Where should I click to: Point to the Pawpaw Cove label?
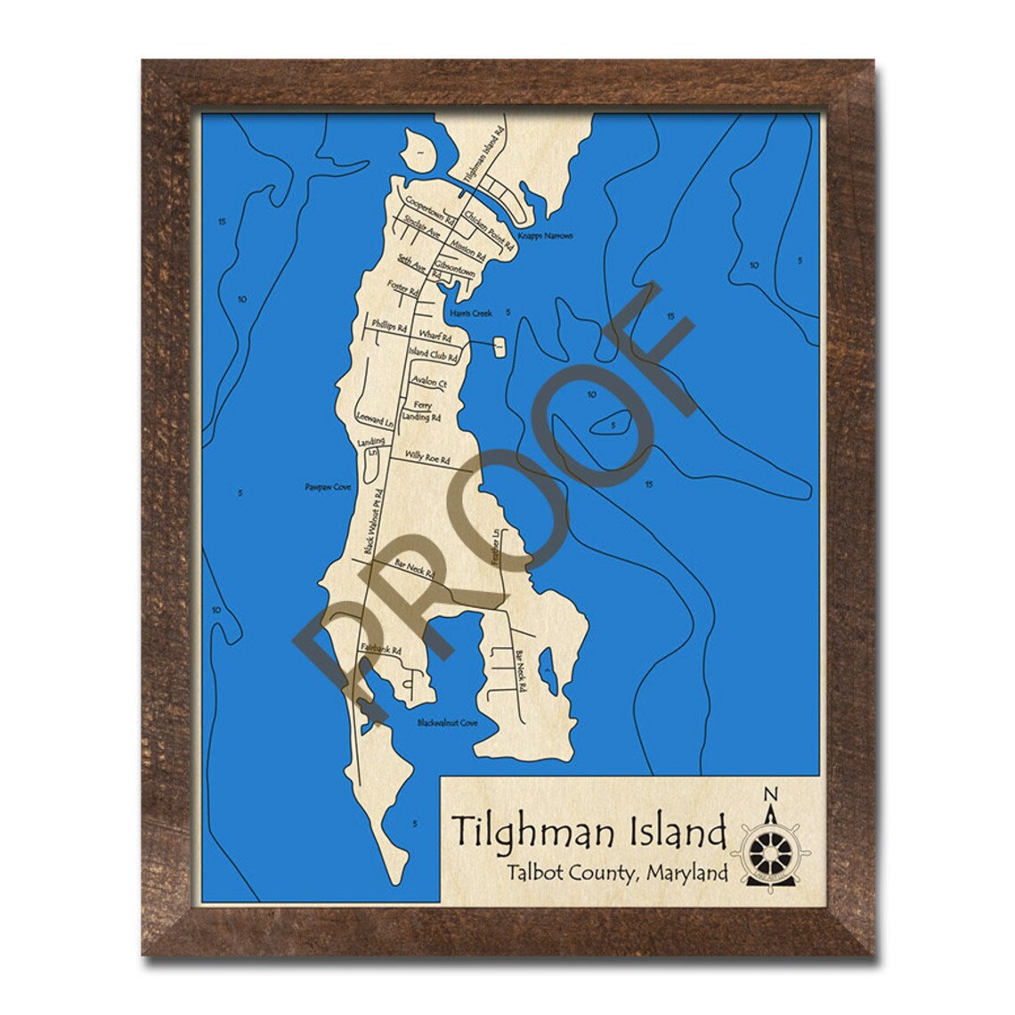tap(323, 489)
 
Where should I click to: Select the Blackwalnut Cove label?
tap(448, 723)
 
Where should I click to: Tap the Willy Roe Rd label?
tap(426, 457)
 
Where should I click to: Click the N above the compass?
tap(771, 794)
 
